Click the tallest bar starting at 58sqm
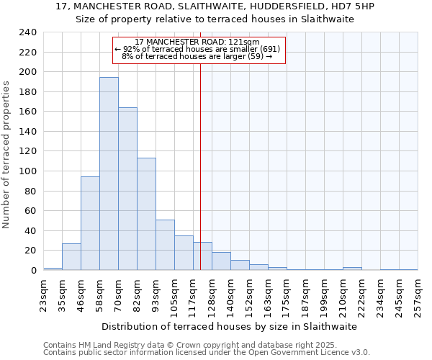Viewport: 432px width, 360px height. (109, 174)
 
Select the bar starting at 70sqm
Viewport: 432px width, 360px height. (127, 189)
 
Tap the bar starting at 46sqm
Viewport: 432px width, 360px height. (90, 223)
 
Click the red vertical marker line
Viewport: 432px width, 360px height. (200, 166)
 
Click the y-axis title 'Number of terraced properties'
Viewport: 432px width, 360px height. (6, 154)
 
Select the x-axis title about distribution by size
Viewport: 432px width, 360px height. (229, 326)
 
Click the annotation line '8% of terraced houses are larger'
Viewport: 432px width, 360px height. (197, 56)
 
